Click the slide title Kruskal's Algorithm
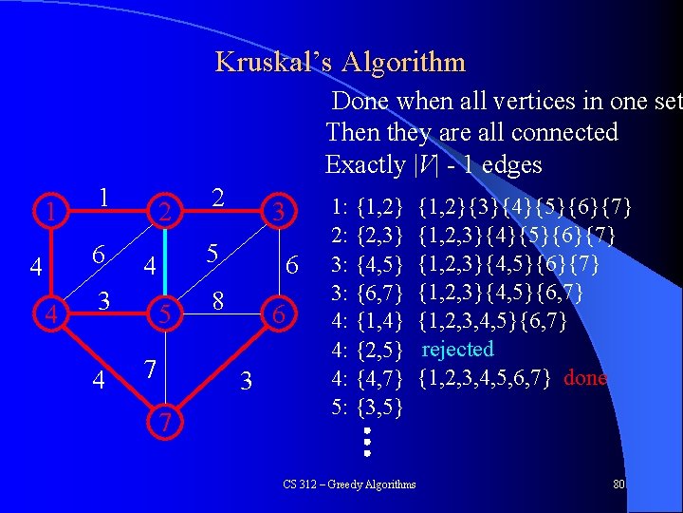point(341,63)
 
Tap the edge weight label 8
point(217,300)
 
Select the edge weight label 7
point(149,368)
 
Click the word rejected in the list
point(458,350)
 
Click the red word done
point(585,378)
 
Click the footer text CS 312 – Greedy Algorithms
point(349,484)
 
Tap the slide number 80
point(619,484)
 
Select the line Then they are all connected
point(471,132)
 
